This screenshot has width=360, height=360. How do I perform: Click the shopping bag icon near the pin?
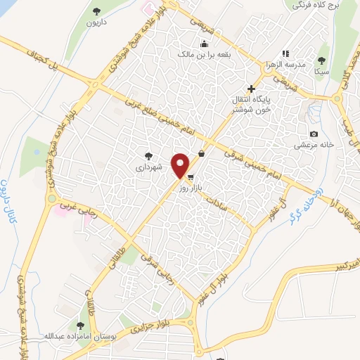coord(202,154)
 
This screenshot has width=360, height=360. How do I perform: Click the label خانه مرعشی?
coord(314,145)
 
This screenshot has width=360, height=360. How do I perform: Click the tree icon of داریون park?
coord(97,11)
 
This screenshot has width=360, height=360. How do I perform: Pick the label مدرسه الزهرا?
coord(302,64)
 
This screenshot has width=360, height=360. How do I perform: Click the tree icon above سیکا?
coord(322,60)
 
